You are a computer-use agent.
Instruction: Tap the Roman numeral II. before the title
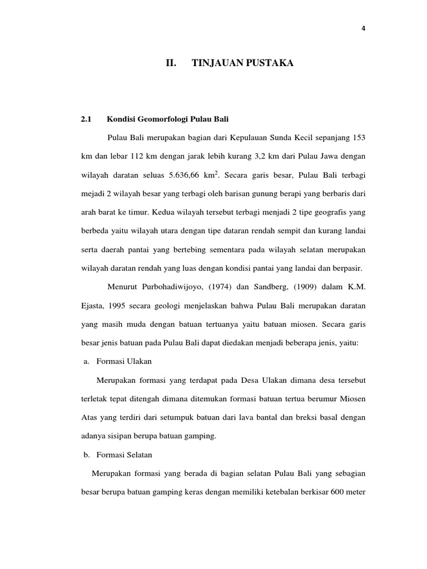click(x=171, y=64)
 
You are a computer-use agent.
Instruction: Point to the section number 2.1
click(x=86, y=119)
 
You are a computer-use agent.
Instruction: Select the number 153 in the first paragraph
click(x=359, y=137)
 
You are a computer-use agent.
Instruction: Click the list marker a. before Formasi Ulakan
click(x=86, y=361)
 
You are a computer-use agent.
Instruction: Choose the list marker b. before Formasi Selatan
click(x=86, y=455)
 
